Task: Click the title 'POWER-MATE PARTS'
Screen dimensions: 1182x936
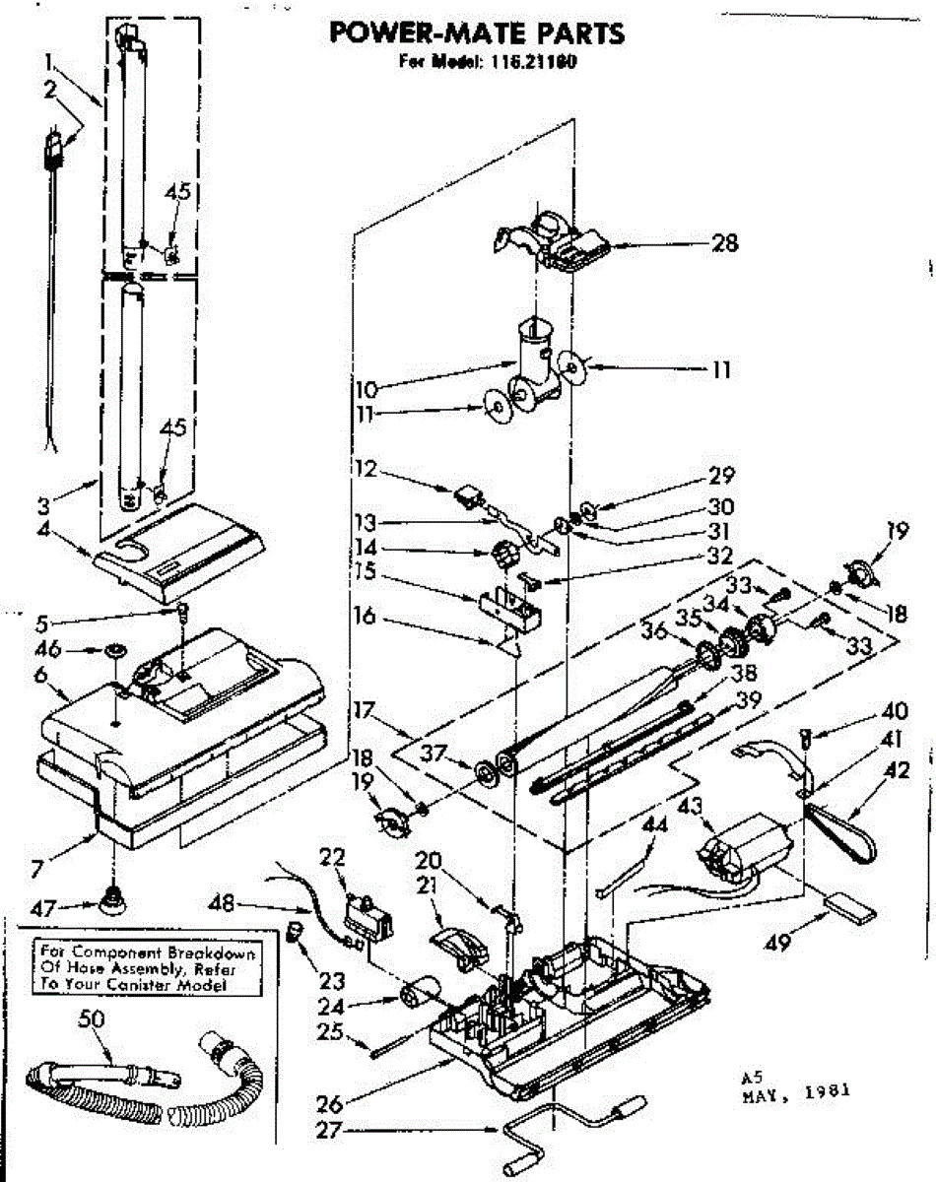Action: [476, 33]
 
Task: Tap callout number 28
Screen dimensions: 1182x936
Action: [725, 242]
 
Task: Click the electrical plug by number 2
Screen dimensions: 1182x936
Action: [53, 148]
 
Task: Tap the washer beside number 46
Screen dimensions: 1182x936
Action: [114, 651]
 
